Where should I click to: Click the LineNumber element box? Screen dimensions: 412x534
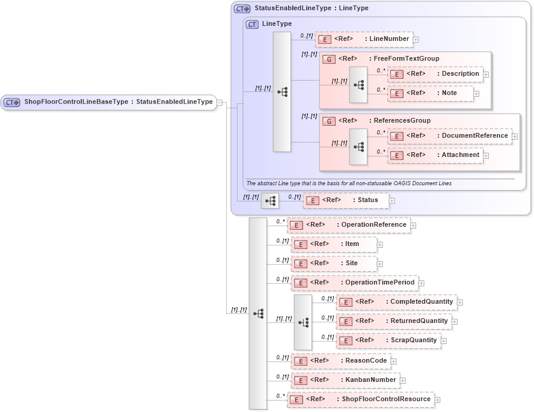tap(363, 39)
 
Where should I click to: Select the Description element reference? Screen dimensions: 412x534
tap(435, 74)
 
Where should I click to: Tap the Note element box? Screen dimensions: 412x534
tap(430, 93)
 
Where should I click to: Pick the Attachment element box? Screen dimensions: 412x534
tap(435, 155)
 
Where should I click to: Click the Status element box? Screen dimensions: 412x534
tap(346, 200)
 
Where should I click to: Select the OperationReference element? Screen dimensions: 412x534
tap(349, 225)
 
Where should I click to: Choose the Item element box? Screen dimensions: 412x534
tap(334, 244)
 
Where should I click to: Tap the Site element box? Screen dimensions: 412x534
tap(334, 263)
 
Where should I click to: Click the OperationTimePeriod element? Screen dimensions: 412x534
tap(354, 283)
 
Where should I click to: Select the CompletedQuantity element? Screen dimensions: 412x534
tap(396, 302)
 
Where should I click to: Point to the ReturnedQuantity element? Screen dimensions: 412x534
tap(394, 321)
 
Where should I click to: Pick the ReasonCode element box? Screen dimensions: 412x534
tap(340, 361)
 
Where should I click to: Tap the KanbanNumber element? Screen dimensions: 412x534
tap(345, 380)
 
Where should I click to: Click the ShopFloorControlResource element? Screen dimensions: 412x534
tap(361, 399)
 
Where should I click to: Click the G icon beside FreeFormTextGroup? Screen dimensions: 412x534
tap(329, 59)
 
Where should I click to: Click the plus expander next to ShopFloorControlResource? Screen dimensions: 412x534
tap(438, 400)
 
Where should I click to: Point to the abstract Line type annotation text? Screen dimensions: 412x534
tap(349, 183)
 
